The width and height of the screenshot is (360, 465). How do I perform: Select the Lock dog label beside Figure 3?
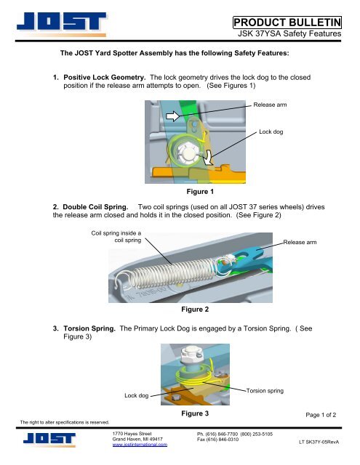coord(137,396)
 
